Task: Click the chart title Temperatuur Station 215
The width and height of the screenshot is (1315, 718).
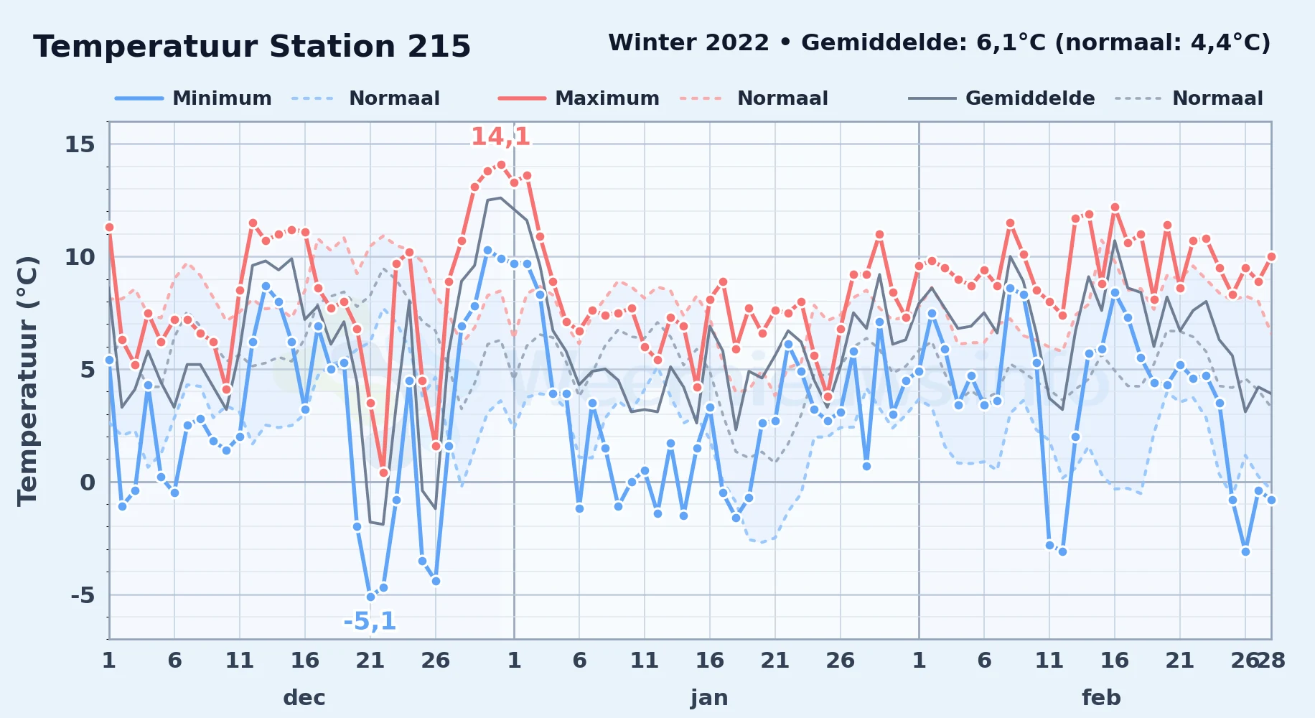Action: pos(252,47)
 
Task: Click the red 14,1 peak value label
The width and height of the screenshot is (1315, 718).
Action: pos(500,136)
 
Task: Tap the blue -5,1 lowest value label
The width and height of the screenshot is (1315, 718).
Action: pos(370,620)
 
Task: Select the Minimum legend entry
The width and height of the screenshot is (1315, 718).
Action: pos(193,98)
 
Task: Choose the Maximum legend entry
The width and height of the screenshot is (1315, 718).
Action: pos(579,98)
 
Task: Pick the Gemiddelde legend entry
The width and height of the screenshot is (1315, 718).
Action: pos(1002,98)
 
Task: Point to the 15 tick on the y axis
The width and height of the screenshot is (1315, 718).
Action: pos(80,144)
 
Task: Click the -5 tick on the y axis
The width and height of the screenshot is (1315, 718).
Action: pos(83,595)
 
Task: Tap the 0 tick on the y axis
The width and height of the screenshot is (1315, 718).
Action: pos(88,482)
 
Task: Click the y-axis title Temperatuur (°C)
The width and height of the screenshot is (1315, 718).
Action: pos(27,381)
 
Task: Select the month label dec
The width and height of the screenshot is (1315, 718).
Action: pos(304,697)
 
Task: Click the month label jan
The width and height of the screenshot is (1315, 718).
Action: pos(709,697)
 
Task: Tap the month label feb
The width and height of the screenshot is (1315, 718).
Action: pos(1101,697)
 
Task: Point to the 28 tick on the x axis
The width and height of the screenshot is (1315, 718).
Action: pos(1271,660)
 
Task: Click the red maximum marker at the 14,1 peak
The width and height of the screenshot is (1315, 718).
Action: pos(501,164)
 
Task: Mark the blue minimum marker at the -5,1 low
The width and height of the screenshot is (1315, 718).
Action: pos(370,597)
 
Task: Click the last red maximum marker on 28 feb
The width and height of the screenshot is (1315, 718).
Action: pos(1271,256)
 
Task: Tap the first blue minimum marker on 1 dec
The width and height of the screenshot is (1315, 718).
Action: pos(109,360)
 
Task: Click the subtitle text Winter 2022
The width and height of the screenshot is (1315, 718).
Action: pos(688,42)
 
